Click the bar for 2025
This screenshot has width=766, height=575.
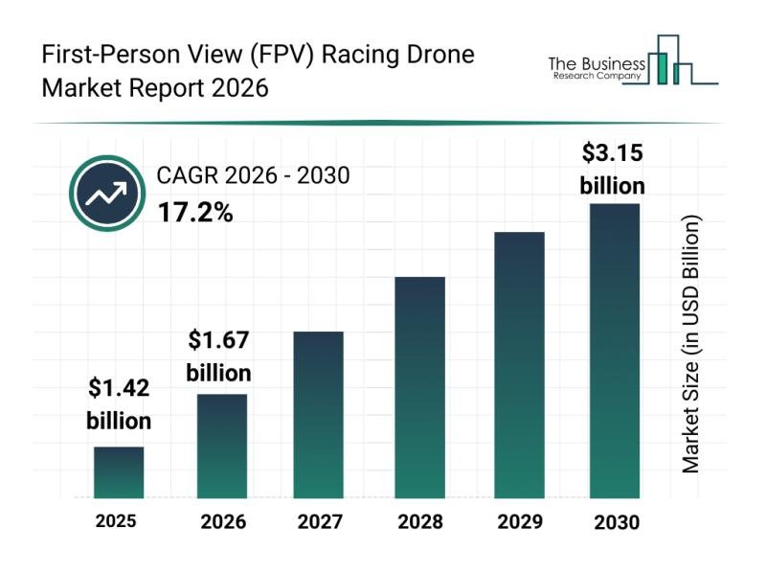pyautogui.click(x=119, y=472)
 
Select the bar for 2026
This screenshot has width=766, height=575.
pyautogui.click(x=222, y=447)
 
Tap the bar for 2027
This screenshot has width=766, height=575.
pyautogui.click(x=318, y=415)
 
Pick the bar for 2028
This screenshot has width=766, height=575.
pyautogui.click(x=419, y=387)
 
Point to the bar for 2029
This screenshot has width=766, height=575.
pyautogui.click(x=519, y=365)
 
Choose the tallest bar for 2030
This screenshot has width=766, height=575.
pyautogui.click(x=614, y=351)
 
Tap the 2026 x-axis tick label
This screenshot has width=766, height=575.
pyautogui.click(x=223, y=522)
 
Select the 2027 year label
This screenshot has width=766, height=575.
pyautogui.click(x=320, y=522)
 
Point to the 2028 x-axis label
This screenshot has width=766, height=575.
pyautogui.click(x=420, y=522)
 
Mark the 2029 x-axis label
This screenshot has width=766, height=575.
pyautogui.click(x=519, y=522)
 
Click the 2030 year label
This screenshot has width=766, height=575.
pyautogui.click(x=615, y=522)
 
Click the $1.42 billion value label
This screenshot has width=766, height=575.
pyautogui.click(x=119, y=403)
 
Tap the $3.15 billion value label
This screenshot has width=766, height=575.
pyautogui.click(x=613, y=169)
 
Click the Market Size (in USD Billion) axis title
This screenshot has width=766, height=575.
pyautogui.click(x=691, y=344)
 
